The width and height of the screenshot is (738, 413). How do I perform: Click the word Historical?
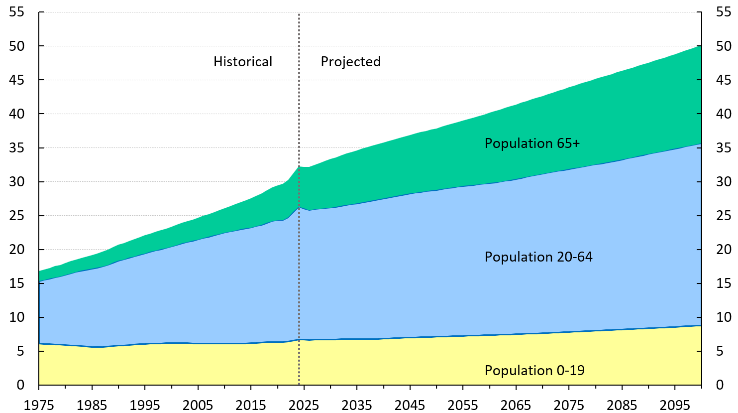pos(243,62)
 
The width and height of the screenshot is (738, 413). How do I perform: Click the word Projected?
pos(350,62)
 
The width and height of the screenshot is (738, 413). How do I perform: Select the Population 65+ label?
pos(532,143)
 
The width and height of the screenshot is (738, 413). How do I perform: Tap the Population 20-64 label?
pos(538,257)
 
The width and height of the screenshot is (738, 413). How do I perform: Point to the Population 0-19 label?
pos(534,371)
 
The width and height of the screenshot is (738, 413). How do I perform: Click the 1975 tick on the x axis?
pos(39,404)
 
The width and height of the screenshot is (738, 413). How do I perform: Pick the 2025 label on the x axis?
pos(304,404)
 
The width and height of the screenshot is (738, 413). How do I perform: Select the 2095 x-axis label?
pos(675,404)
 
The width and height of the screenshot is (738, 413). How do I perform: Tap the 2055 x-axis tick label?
pos(463,404)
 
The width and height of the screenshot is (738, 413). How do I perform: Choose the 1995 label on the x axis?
pos(145,404)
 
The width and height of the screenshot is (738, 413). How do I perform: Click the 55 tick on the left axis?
pos(16,12)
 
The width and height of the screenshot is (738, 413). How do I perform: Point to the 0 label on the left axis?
pos(20,385)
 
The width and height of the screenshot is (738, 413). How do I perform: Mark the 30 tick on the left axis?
pos(16,182)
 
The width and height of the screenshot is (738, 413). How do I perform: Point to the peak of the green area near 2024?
pos(299,166)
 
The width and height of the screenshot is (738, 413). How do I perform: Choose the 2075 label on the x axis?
pos(569,404)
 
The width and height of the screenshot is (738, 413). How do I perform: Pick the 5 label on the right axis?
pos(720,351)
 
